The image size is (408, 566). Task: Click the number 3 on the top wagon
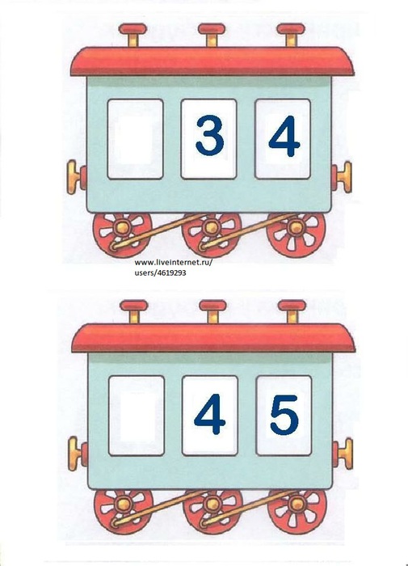(209, 135)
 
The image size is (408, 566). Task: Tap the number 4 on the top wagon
(284, 136)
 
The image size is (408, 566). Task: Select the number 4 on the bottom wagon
(209, 414)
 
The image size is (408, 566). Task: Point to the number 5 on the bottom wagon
(284, 415)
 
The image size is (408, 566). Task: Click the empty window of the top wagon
(135, 139)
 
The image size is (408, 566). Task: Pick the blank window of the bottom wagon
(137, 416)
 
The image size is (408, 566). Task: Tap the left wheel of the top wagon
(122, 234)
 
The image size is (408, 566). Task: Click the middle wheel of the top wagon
(211, 234)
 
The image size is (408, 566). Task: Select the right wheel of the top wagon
(296, 234)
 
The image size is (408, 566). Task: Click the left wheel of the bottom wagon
(124, 512)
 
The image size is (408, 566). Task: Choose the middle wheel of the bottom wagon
(212, 512)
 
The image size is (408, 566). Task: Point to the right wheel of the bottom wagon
(297, 512)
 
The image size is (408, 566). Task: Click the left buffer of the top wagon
(77, 177)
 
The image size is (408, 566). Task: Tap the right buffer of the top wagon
(341, 177)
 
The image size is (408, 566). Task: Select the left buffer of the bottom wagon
(78, 454)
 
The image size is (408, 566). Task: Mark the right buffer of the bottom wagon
(343, 454)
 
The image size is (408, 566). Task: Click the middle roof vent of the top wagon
(212, 35)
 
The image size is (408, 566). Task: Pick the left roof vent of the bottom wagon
(134, 311)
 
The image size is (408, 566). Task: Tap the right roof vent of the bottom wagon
(292, 311)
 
